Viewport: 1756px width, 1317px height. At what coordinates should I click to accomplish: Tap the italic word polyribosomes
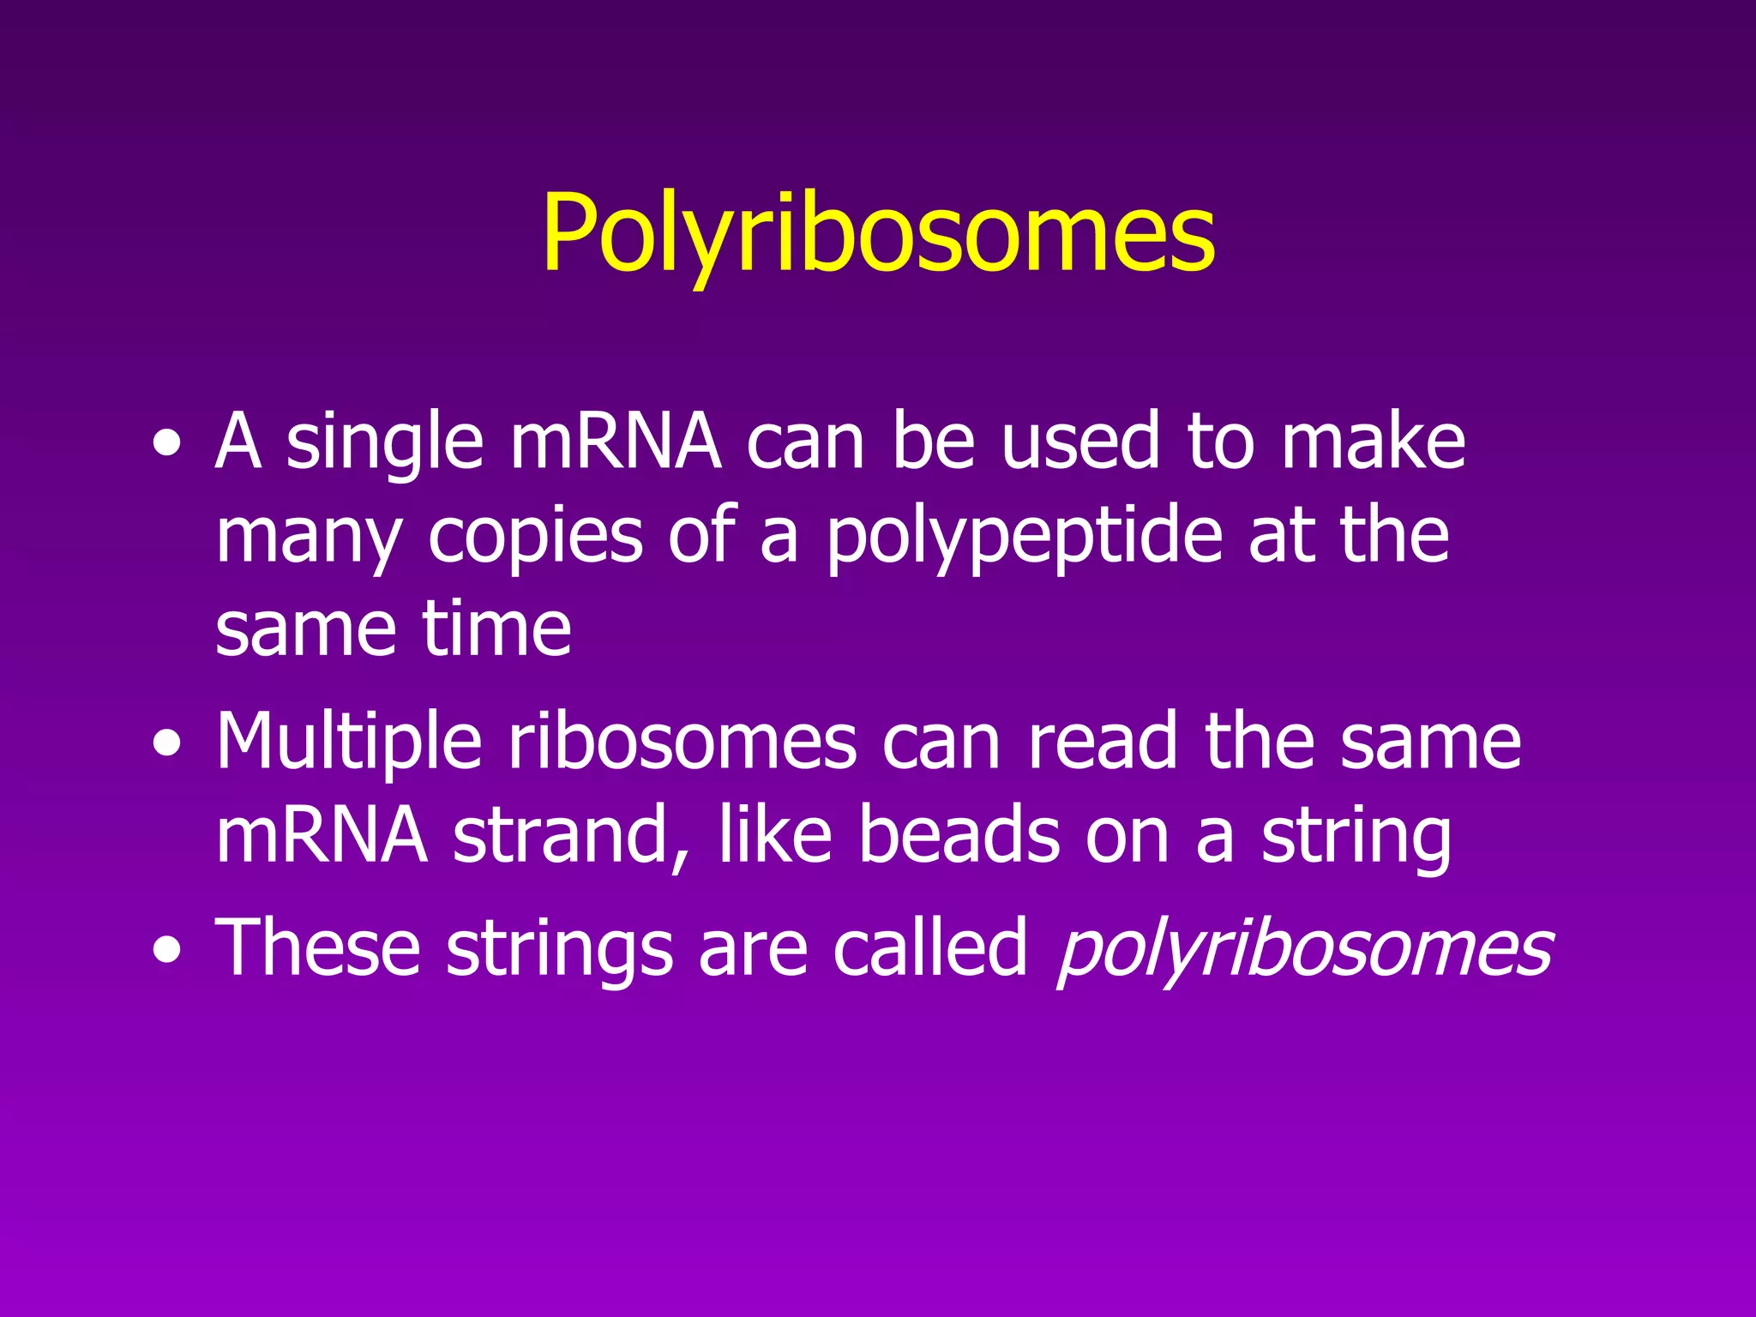pyautogui.click(x=1305, y=949)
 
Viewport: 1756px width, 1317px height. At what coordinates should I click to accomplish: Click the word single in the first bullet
pyautogui.click(x=385, y=443)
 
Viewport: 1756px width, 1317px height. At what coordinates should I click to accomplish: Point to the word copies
pyautogui.click(x=535, y=538)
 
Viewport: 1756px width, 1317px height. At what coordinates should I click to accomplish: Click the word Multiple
pyautogui.click(x=348, y=742)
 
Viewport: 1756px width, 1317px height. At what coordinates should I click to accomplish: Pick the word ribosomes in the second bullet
pyautogui.click(x=683, y=742)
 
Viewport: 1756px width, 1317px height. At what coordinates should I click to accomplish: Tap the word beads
pyautogui.click(x=959, y=836)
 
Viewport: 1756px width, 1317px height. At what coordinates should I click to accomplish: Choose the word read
pyautogui.click(x=1103, y=742)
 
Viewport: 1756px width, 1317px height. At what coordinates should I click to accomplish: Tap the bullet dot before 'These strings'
pyautogui.click(x=167, y=951)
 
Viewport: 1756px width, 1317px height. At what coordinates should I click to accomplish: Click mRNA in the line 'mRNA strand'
pyautogui.click(x=322, y=836)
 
